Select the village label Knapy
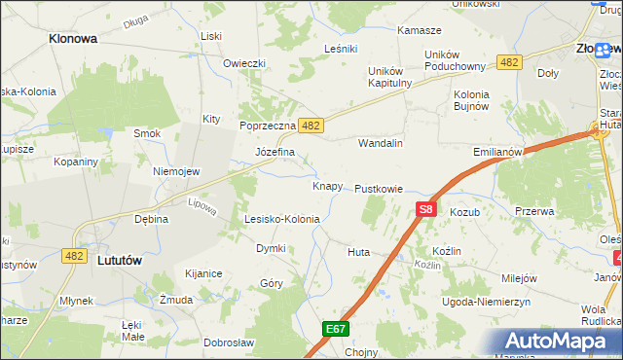pos(327,185)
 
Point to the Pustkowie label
pos(379,188)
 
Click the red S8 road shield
pos(425,208)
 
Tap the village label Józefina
pos(275,153)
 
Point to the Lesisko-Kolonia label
pos(282,219)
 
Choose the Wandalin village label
pos(381,142)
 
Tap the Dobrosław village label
pos(229,342)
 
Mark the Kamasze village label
pos(420,30)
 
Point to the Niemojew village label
pos(176,171)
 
